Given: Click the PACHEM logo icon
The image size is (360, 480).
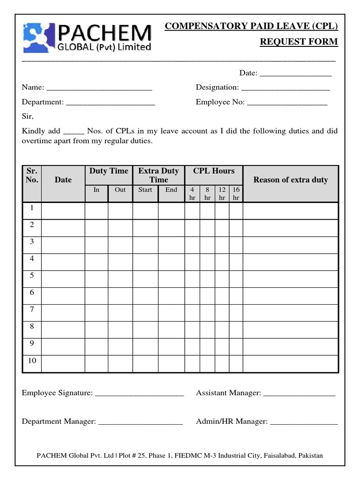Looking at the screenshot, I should click(38, 37).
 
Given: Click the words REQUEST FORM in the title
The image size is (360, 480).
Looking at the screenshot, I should click(299, 42).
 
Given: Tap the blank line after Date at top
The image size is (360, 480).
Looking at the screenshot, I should click(295, 74).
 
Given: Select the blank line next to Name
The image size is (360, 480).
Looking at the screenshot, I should click(99, 88).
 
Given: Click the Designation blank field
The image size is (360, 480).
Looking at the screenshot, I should click(285, 88).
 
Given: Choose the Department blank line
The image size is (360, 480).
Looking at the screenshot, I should click(110, 102).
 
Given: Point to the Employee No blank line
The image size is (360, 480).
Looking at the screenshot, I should click(287, 102).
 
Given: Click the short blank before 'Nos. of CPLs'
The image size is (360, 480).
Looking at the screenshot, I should click(73, 132).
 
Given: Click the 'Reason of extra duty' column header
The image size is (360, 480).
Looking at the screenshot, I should click(290, 180).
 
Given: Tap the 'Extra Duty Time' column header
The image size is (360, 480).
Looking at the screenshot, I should click(158, 175).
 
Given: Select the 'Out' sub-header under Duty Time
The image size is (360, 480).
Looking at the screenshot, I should click(120, 190).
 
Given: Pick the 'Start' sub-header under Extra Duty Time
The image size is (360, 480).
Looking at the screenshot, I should click(145, 190).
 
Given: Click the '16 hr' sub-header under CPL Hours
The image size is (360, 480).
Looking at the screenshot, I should click(236, 194).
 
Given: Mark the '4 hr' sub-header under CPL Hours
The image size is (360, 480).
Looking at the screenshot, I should click(192, 194).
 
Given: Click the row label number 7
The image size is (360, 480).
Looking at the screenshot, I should click(32, 309).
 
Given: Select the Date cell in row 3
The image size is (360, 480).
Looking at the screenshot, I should click(63, 245).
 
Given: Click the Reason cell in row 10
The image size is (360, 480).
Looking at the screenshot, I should click(290, 363).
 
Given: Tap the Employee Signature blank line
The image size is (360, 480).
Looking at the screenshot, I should click(139, 394).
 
